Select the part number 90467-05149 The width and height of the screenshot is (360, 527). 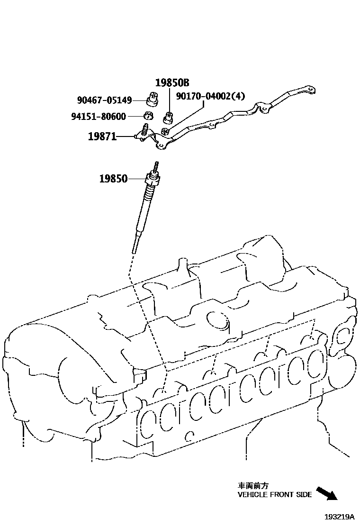(104, 100)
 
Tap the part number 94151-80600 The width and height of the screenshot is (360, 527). (104, 117)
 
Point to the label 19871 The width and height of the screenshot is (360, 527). (102, 137)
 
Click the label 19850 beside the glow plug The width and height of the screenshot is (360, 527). (113, 179)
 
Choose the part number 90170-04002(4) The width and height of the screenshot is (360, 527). (211, 96)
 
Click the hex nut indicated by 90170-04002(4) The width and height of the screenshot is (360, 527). (165, 131)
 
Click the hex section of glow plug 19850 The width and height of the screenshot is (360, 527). (152, 181)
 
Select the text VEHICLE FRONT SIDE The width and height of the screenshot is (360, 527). (275, 494)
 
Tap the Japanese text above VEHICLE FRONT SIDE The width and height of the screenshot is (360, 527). (253, 486)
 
